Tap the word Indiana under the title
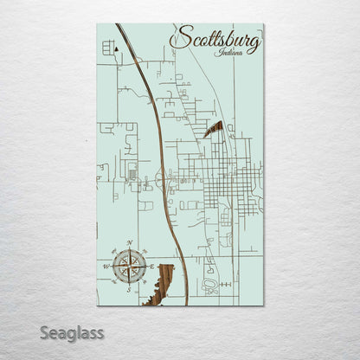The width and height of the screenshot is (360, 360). [232, 53]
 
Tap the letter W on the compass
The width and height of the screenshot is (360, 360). [107, 267]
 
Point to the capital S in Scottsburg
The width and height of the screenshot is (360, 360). [181, 38]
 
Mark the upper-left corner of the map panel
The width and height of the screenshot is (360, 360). [98, 24]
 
